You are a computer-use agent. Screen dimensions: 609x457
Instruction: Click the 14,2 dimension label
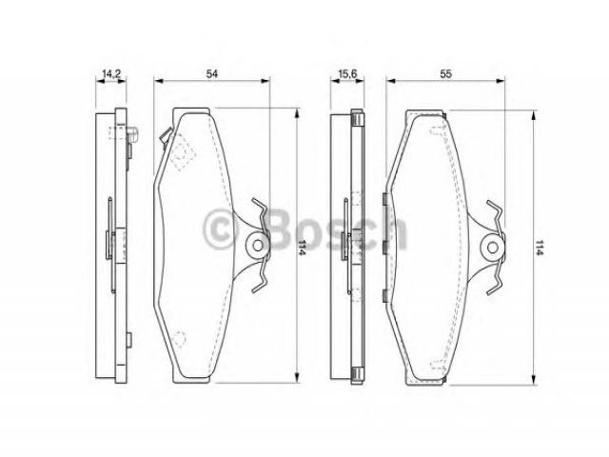pos(111,73)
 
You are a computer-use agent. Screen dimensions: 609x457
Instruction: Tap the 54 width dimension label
pos(211,73)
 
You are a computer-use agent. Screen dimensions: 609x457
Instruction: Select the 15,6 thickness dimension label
pos(347,73)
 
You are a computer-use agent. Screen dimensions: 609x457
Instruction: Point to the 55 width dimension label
pos(446,73)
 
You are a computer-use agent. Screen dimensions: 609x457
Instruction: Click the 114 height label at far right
pos(539,248)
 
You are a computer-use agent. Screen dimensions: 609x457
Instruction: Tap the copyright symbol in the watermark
pos(220,228)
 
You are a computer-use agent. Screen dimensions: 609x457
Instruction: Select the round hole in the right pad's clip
pos(493,248)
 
